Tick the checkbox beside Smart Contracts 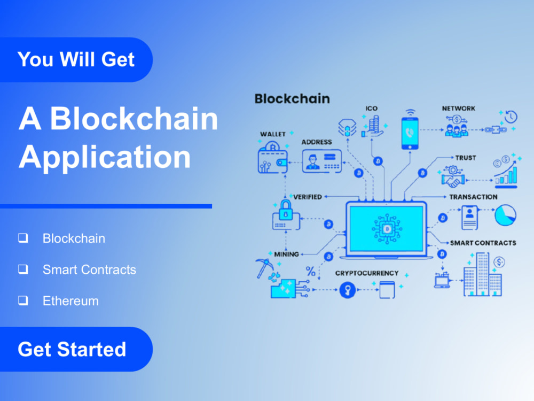coord(23,269)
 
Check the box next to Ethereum coord(23,300)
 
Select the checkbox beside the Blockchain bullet coord(23,238)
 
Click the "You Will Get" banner coord(76,60)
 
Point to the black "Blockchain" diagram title coord(292,99)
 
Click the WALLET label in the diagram coord(273,134)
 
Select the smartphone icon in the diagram coord(410,133)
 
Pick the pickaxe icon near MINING coord(264,268)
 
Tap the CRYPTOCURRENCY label coord(367,273)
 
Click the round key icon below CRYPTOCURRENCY coord(348,290)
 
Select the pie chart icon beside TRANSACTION coord(505,215)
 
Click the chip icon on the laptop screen coord(387,228)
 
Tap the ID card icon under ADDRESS coord(322,161)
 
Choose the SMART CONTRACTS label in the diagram coord(483,243)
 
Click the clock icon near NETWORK coord(511,117)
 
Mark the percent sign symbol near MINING coord(311,271)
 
